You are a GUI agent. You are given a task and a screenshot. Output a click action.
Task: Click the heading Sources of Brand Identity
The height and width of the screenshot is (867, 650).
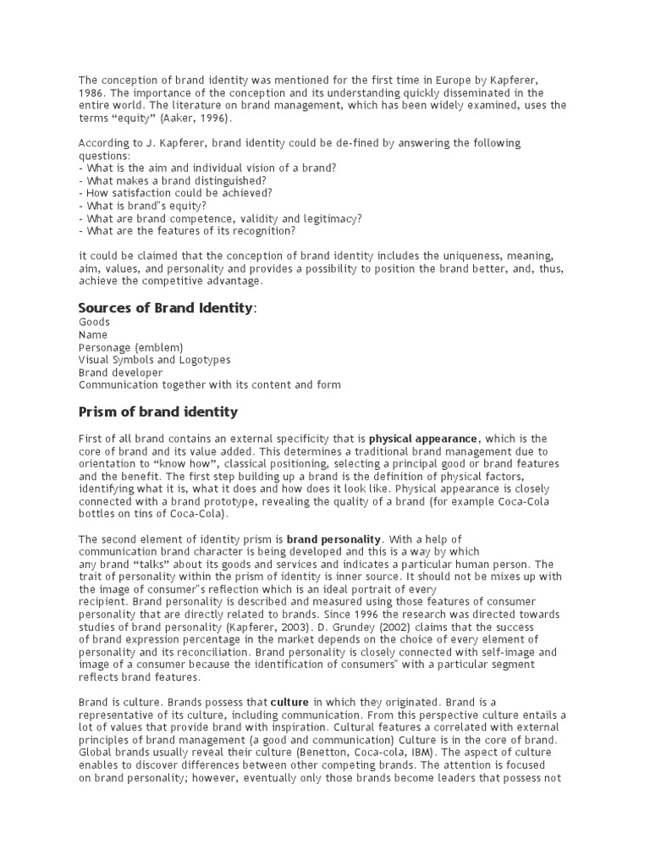[166, 307]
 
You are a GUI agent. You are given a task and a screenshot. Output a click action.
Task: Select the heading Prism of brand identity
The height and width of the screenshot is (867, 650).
[158, 412]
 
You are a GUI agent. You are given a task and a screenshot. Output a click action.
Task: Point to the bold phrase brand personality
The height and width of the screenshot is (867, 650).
[335, 538]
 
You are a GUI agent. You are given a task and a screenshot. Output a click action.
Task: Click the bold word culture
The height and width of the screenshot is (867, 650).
[290, 702]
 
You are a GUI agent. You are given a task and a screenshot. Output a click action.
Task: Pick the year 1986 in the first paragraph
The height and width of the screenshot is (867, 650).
[91, 92]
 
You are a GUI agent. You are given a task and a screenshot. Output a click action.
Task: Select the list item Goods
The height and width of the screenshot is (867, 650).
[94, 323]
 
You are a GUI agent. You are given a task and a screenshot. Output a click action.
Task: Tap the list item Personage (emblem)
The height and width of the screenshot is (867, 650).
[130, 347]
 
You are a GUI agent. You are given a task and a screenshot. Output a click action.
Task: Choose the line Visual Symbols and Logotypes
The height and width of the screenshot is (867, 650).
[154, 360]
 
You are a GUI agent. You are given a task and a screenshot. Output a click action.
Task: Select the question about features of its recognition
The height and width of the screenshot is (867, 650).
[187, 230]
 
